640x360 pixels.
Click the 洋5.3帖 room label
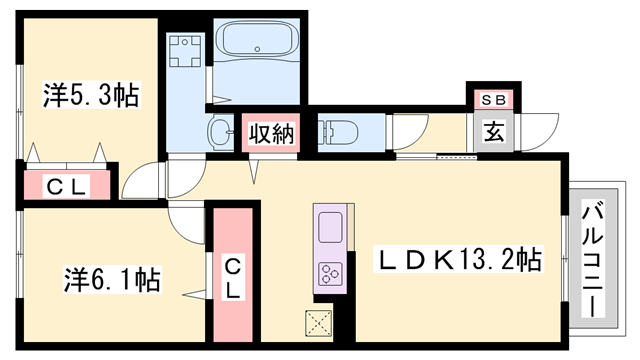[x=92, y=95]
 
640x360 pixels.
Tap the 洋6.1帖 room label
[x=112, y=280]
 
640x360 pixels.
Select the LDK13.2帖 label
[x=458, y=260]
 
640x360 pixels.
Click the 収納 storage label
[x=271, y=133]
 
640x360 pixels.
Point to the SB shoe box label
[x=493, y=100]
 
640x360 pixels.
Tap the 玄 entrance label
[x=494, y=132]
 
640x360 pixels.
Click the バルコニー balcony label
[x=593, y=259]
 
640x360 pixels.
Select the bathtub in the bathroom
[x=257, y=40]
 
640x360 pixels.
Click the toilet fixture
[x=338, y=132]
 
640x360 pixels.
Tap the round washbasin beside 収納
[x=220, y=132]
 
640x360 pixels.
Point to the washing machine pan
[x=185, y=51]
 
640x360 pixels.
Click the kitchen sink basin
[x=330, y=227]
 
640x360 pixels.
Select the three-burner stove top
[x=330, y=273]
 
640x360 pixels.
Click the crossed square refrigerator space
[x=319, y=323]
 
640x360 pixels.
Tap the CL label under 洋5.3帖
[x=67, y=187]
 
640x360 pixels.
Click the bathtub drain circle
[x=257, y=49]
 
